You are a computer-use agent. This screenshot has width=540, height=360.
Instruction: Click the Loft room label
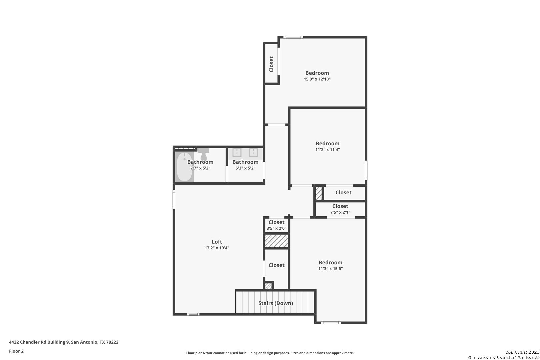[x=217, y=242]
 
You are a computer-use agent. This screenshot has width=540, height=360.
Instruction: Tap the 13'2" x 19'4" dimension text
[x=217, y=248]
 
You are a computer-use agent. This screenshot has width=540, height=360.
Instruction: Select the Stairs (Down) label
[x=276, y=303]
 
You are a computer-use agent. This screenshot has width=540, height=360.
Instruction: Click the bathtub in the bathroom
[x=184, y=167]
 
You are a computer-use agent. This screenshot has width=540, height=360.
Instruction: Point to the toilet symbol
[x=204, y=154]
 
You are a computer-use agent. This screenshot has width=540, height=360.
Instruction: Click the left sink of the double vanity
[x=237, y=152]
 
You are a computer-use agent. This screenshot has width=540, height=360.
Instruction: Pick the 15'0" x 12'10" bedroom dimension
[x=317, y=79]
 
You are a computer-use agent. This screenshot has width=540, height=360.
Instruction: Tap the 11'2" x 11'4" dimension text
[x=327, y=149]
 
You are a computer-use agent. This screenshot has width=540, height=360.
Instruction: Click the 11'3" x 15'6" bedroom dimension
[x=330, y=269]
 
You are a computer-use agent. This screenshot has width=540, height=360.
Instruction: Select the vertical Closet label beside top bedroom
[x=271, y=64]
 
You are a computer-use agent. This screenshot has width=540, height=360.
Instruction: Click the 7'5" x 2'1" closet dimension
[x=340, y=212]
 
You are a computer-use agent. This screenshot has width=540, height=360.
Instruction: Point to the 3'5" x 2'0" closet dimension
[x=276, y=228]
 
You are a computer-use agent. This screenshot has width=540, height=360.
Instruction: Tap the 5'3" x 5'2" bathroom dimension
[x=245, y=168]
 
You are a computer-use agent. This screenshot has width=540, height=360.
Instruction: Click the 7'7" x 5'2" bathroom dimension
[x=200, y=168]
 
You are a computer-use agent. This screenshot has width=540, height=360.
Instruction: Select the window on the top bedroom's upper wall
[x=293, y=37]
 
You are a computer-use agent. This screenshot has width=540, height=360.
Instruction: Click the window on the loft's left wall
[x=174, y=199]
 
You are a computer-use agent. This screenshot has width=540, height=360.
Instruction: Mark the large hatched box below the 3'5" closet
[x=277, y=241]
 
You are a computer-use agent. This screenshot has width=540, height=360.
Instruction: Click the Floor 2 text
[x=16, y=351]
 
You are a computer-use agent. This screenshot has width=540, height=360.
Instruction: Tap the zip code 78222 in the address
[x=112, y=342]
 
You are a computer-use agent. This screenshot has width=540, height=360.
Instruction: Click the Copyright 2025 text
[x=522, y=352]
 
